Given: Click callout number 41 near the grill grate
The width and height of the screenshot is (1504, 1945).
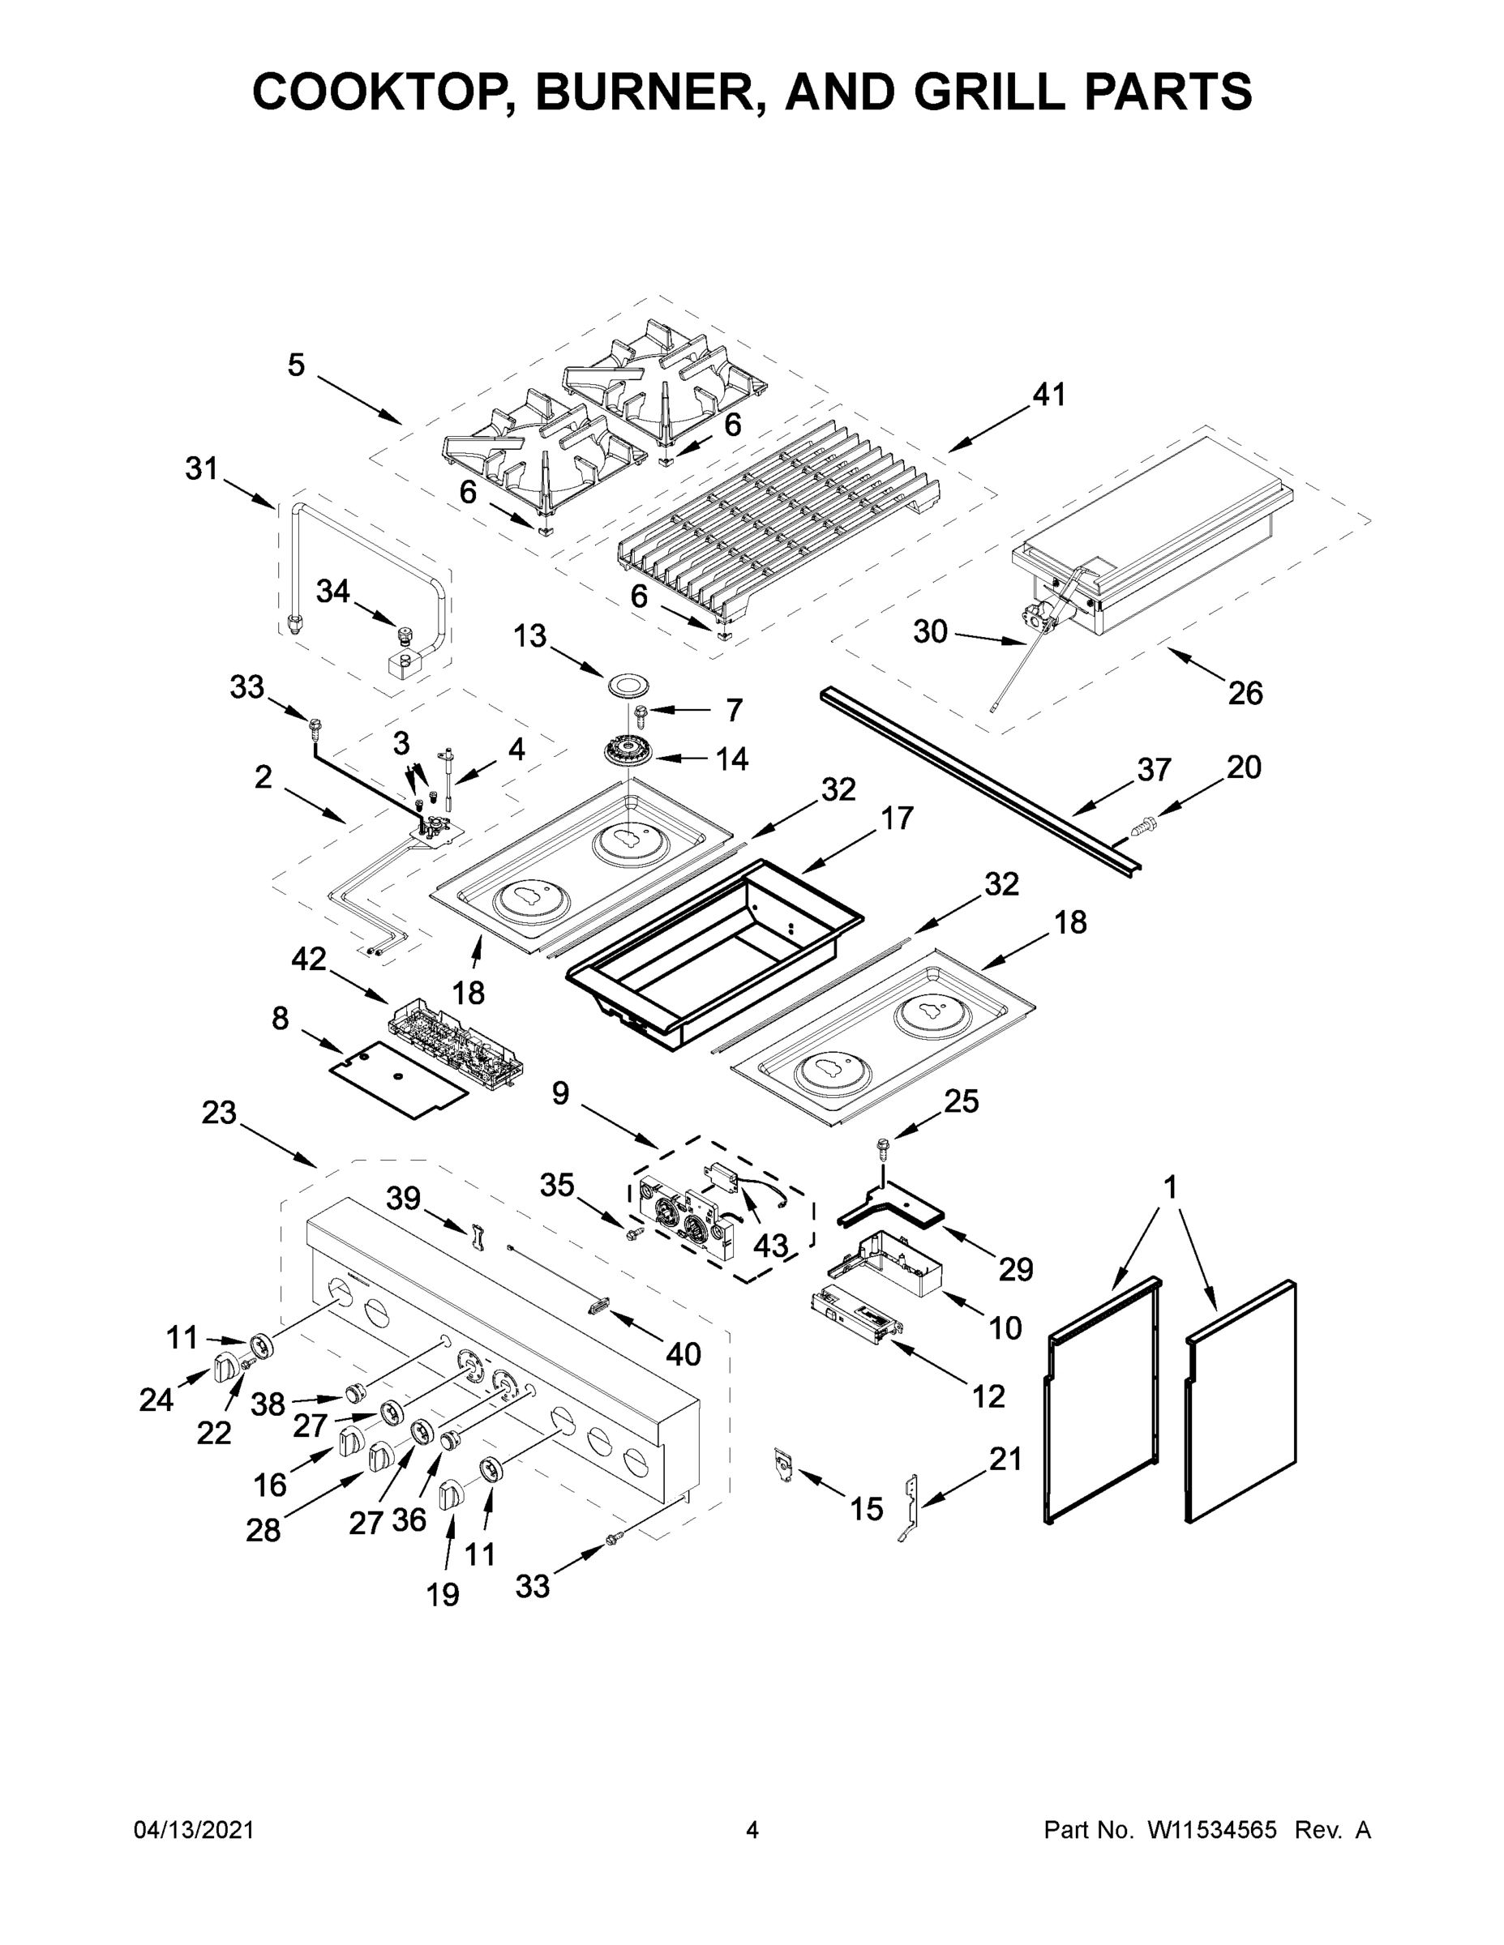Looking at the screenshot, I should (x=1048, y=394).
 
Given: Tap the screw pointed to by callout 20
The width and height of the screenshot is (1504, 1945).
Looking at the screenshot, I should (x=1140, y=826).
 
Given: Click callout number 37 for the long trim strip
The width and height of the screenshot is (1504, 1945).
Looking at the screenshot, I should (x=1153, y=769).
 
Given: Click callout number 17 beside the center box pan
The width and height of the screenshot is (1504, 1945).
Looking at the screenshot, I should (x=897, y=818).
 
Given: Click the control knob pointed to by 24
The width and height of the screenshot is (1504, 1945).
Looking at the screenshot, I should (x=226, y=1366).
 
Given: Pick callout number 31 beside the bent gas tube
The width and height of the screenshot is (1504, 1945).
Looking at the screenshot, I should (x=201, y=468).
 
